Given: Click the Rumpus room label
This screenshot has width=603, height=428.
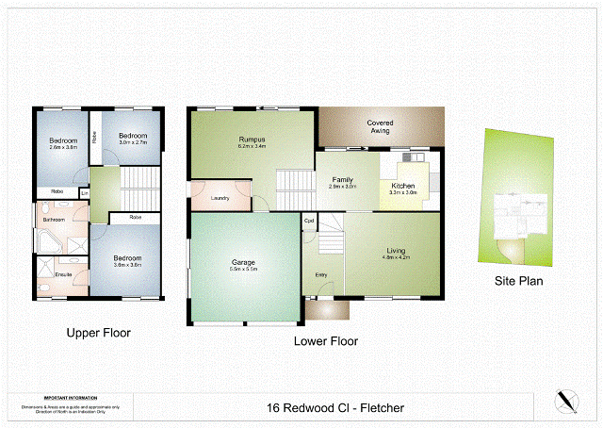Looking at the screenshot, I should pyautogui.click(x=253, y=140).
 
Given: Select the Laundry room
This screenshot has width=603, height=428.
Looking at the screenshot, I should pyautogui.click(x=220, y=197).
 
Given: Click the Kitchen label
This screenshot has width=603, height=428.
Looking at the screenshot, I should pyautogui.click(x=403, y=187).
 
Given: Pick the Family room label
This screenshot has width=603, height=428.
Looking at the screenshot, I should pyautogui.click(x=342, y=179).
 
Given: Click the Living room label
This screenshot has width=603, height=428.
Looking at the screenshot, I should pyautogui.click(x=396, y=250).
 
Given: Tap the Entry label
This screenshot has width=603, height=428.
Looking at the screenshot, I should pyautogui.click(x=321, y=274).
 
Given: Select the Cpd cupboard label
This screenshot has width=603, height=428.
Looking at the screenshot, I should pyautogui.click(x=309, y=222).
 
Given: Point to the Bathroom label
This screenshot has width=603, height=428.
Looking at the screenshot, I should pyautogui.click(x=53, y=220).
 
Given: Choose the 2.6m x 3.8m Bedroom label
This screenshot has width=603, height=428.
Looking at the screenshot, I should pyautogui.click(x=61, y=142).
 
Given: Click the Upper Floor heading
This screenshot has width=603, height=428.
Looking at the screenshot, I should pyautogui.click(x=98, y=333).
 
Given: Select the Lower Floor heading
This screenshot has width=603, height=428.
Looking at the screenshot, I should pyautogui.click(x=325, y=341).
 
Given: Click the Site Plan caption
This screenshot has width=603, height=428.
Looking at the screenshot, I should pyautogui.click(x=518, y=280).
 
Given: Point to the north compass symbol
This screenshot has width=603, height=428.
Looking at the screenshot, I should pyautogui.click(x=566, y=401).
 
